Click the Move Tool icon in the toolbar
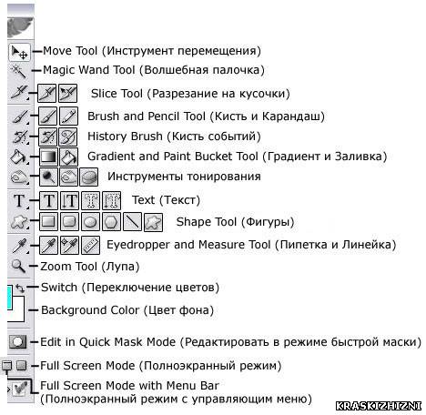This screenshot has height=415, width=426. (19, 52)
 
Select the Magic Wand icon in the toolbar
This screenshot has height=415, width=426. (19, 71)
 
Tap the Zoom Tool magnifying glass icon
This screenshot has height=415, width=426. (18, 266)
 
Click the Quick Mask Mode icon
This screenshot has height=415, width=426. (17, 342)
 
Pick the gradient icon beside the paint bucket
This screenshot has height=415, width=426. (48, 157)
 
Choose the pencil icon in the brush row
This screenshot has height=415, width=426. (68, 116)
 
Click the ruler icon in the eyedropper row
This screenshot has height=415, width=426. (91, 245)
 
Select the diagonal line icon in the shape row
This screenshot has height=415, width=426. (132, 222)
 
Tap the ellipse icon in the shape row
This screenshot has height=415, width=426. (90, 222)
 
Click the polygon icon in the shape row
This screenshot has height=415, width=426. (111, 222)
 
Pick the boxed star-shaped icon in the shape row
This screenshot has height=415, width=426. (153, 222)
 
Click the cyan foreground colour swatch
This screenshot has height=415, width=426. (9, 298)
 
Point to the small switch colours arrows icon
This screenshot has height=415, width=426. (20, 288)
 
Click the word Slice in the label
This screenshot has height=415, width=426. (103, 93)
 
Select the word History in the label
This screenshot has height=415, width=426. (107, 137)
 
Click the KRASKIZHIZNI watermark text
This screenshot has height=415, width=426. (379, 406)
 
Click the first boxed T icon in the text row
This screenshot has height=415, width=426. (48, 200)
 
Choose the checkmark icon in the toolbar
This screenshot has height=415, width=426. (20, 389)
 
